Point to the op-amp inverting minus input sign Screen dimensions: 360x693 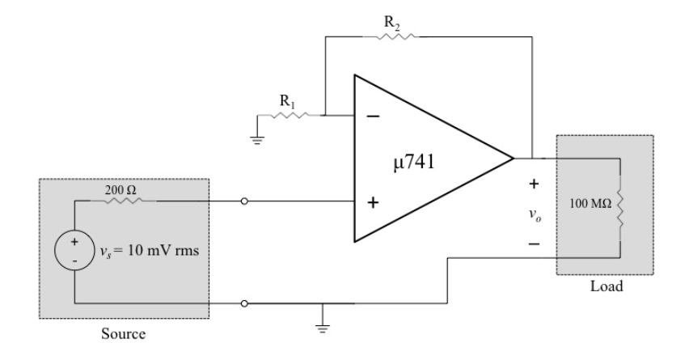coord(373,116)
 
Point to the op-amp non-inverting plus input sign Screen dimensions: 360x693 coord(373,202)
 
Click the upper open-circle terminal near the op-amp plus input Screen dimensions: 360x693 coord(243,201)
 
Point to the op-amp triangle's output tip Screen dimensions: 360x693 coord(513,159)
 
